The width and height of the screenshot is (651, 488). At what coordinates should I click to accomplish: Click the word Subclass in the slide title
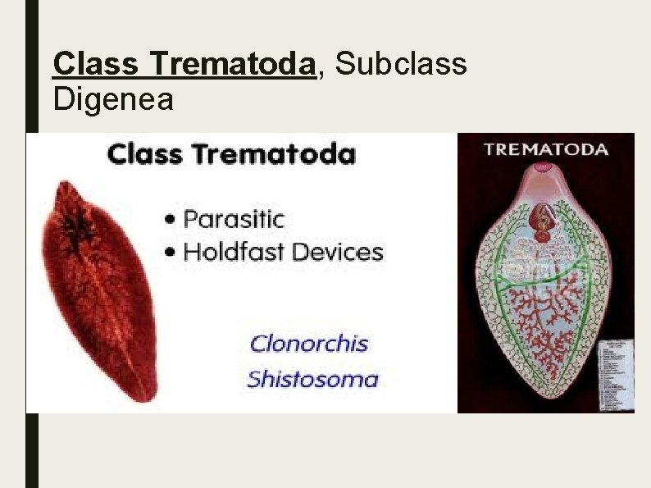click(402, 63)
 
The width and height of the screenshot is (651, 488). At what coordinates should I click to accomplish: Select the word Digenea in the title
click(113, 100)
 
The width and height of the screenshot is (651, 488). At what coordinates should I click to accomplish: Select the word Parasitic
click(234, 220)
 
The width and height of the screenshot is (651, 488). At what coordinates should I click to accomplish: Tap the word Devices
click(335, 251)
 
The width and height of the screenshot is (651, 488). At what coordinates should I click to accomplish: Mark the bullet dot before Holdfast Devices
click(171, 252)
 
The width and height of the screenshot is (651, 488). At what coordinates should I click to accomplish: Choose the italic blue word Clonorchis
click(308, 343)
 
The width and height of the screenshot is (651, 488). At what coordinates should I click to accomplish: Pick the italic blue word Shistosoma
click(312, 379)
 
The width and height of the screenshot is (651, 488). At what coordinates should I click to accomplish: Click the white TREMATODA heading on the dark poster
click(545, 149)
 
